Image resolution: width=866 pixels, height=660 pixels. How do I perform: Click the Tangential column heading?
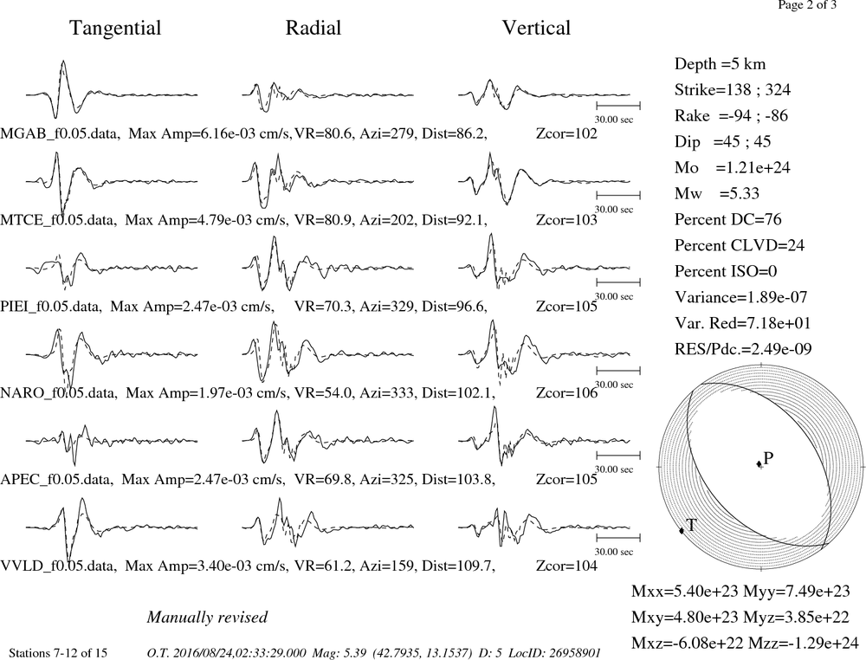click(x=115, y=28)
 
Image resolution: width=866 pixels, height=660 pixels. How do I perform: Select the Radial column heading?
click(x=313, y=28)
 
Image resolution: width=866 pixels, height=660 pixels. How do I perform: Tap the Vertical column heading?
click(x=536, y=28)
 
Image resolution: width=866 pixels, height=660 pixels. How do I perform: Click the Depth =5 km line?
click(x=721, y=64)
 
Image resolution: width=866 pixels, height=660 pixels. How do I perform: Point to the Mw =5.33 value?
click(x=717, y=193)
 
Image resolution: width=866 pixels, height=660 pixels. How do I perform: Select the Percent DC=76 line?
click(x=728, y=219)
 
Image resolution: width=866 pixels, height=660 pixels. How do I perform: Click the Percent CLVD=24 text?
click(x=740, y=245)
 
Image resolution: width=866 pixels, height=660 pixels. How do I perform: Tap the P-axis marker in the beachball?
click(x=759, y=463)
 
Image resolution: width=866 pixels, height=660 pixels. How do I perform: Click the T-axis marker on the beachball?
click(x=682, y=530)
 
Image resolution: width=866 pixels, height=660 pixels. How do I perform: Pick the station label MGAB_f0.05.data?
click(x=60, y=133)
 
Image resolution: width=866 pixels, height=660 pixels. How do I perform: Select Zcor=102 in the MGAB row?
click(x=566, y=133)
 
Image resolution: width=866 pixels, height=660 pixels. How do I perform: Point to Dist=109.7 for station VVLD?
click(x=458, y=566)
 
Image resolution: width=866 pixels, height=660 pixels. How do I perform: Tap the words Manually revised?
click(x=207, y=617)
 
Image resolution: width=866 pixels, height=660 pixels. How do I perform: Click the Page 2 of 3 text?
click(x=807, y=5)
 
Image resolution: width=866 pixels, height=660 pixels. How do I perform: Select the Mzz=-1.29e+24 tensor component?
click(x=804, y=643)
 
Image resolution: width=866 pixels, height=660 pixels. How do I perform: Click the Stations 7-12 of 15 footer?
click(x=58, y=653)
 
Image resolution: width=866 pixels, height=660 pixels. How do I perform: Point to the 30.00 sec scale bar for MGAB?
click(x=618, y=105)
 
